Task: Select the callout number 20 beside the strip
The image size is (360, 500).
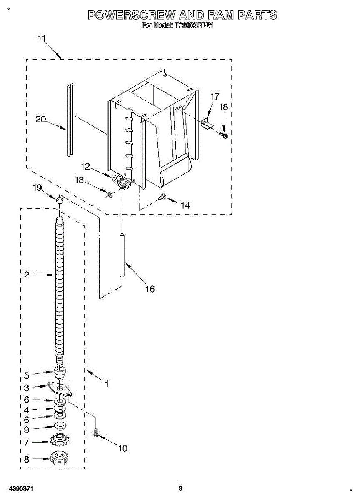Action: point(40,119)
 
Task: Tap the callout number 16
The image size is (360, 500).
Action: point(150,289)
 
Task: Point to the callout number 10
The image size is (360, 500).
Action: point(123,448)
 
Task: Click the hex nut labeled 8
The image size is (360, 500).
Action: point(60,458)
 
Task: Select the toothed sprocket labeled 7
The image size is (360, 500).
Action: point(60,439)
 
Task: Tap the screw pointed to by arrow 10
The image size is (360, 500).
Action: point(96,433)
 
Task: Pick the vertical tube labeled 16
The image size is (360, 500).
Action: point(122,255)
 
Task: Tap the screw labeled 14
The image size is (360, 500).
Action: point(163,196)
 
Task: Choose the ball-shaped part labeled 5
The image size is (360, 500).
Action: point(60,370)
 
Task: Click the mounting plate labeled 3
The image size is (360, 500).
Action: point(60,388)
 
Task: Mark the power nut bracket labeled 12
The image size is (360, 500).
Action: point(122,182)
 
